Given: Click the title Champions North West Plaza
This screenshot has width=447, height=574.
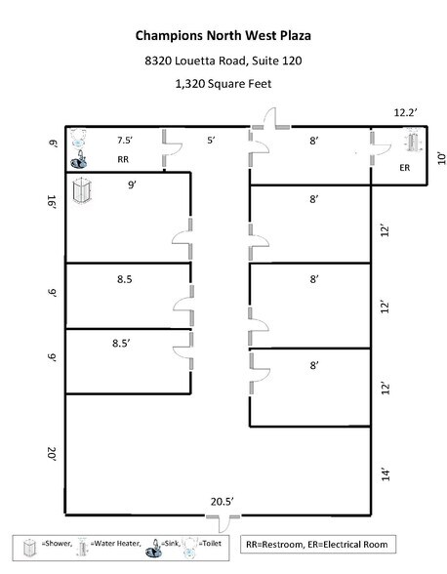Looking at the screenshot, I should click(223, 37).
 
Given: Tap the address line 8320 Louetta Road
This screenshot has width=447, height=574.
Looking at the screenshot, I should click(223, 61).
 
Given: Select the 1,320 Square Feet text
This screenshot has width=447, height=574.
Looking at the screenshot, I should click(223, 85).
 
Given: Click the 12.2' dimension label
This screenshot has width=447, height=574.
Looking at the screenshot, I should click(407, 113).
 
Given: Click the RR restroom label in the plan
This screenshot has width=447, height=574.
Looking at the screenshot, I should click(124, 157).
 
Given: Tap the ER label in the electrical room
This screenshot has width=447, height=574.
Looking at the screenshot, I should click(406, 167).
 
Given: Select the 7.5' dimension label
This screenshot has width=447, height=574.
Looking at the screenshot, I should click(126, 140).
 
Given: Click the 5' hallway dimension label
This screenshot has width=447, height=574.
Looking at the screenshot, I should click(210, 140).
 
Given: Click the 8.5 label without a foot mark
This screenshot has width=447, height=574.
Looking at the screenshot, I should click(124, 279).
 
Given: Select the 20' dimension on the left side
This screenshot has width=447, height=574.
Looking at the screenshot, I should click(51, 453).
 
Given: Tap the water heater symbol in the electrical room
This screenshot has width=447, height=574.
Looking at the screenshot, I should click(411, 144).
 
